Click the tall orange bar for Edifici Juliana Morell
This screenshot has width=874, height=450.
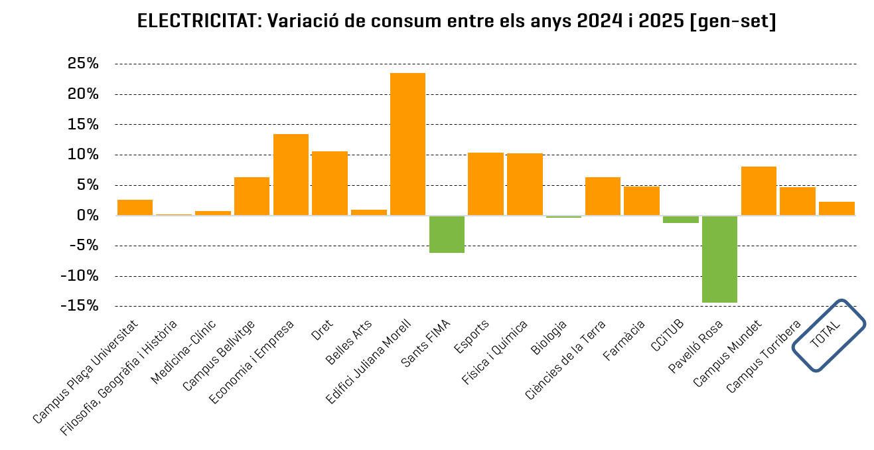tap(407, 144)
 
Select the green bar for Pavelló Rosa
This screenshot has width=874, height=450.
tap(719, 259)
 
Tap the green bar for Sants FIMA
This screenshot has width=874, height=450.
tap(447, 234)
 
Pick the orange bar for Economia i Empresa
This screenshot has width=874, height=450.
tap(291, 175)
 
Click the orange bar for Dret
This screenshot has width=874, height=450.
tap(330, 183)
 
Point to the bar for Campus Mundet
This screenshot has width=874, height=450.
tap(759, 191)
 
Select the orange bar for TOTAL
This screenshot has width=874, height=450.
tap(836, 208)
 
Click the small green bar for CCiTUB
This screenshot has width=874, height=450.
tap(681, 220)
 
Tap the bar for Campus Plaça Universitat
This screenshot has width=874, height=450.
tap(135, 207)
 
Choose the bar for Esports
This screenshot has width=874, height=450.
tap(486, 184)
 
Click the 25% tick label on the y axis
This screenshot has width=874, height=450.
tap(83, 64)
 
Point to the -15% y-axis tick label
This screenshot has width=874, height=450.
tap(79, 306)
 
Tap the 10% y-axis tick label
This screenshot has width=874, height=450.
tap(83, 155)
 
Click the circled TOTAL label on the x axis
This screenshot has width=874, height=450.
tap(828, 336)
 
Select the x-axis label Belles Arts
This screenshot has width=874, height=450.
tap(349, 342)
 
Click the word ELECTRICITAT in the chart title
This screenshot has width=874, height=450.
tap(197, 21)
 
